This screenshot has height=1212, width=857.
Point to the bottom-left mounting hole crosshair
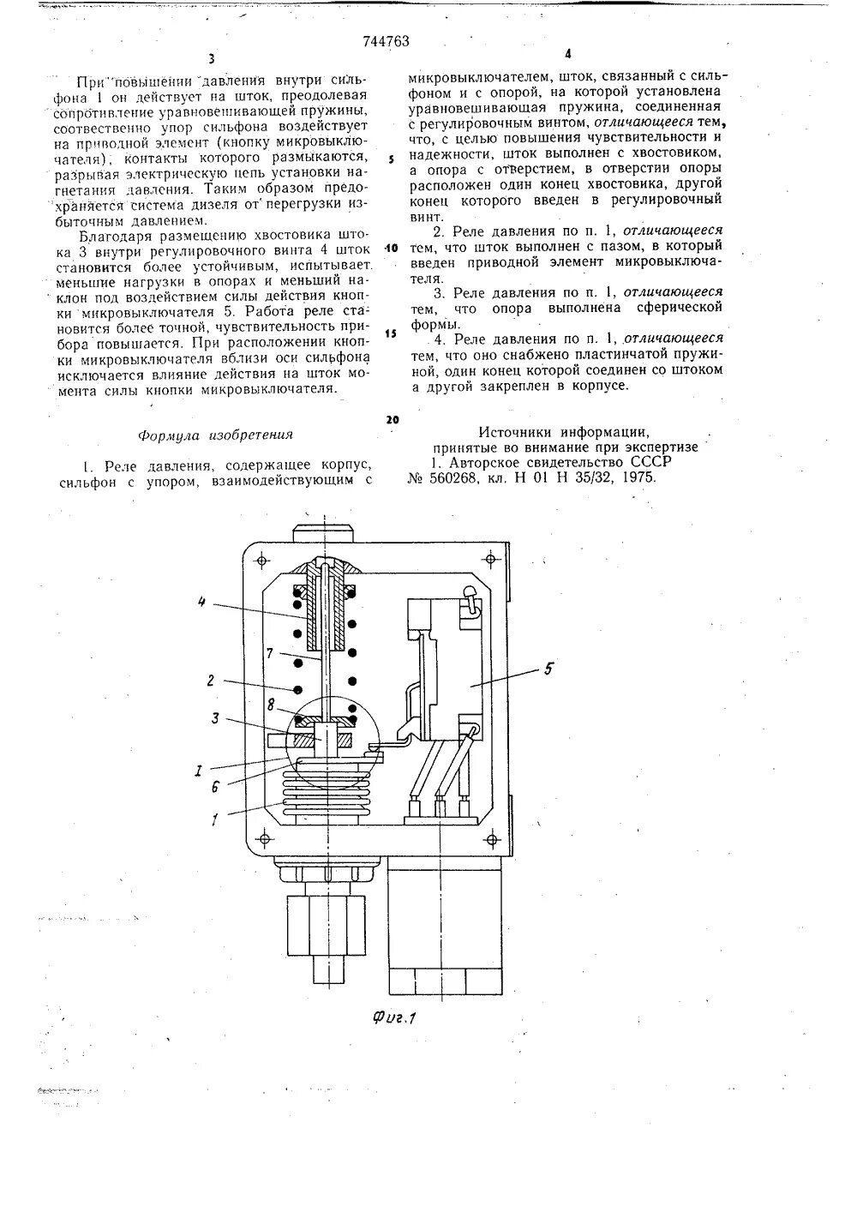[x=262, y=837]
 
